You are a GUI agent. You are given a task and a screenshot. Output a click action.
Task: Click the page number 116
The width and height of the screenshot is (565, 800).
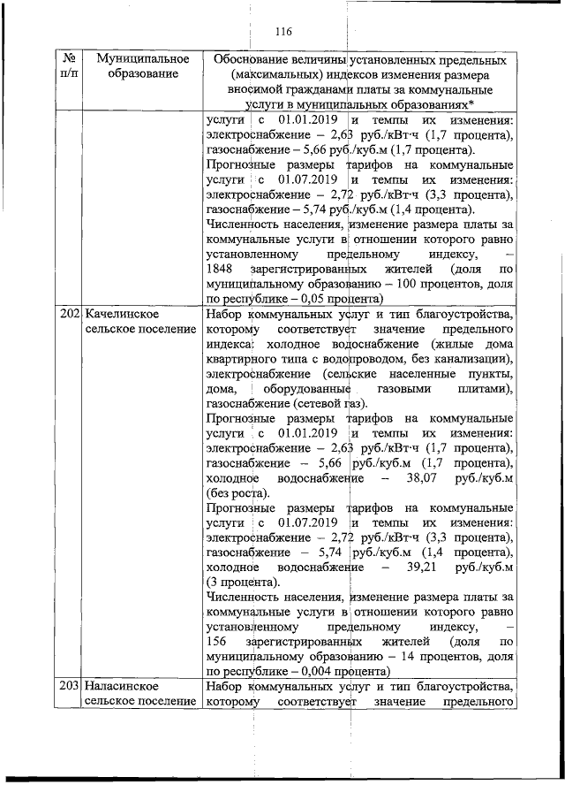[x=282, y=32]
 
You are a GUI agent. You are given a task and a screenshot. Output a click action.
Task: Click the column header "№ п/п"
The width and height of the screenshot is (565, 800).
[x=68, y=66]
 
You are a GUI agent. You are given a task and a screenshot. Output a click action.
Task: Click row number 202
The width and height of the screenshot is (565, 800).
[x=70, y=315]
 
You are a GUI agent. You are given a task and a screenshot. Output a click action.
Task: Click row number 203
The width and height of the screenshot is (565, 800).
[x=70, y=687]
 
